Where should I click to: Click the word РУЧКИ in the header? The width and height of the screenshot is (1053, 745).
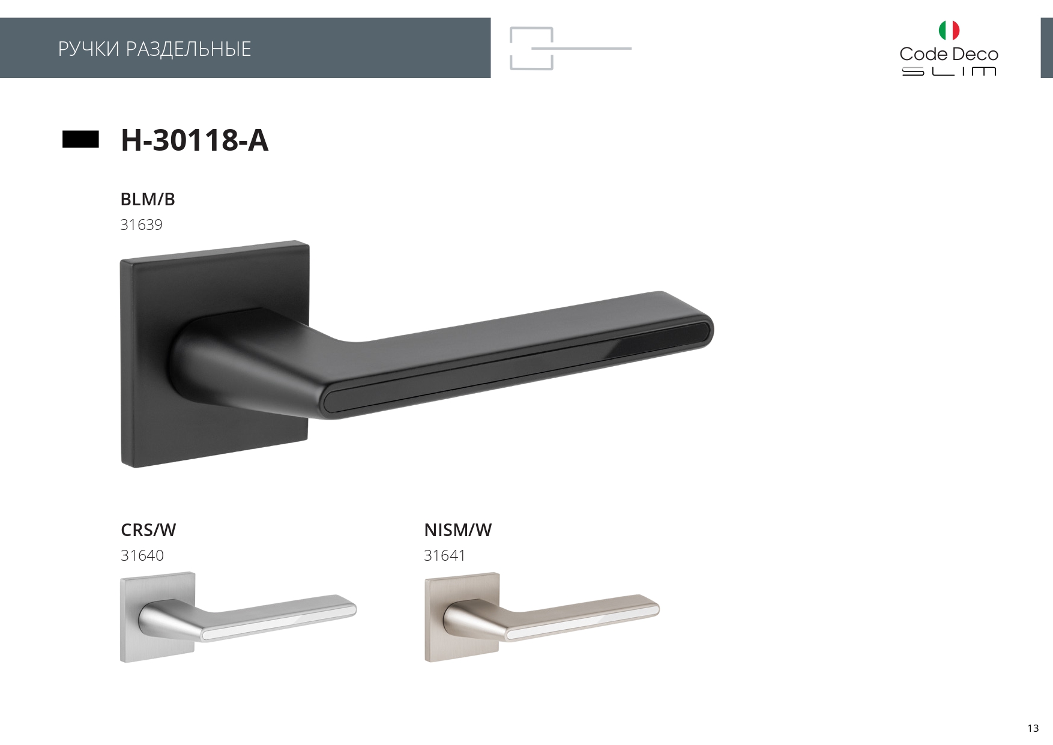point(89,49)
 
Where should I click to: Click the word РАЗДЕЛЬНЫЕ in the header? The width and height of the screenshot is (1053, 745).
point(189,49)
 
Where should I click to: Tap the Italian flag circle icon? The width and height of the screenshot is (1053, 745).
point(949,30)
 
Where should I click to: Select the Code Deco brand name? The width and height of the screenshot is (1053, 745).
point(949,54)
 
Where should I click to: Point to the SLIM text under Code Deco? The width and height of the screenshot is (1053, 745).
point(949,71)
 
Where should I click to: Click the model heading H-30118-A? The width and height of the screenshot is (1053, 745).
point(195,140)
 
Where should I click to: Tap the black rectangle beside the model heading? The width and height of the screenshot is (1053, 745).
point(80,139)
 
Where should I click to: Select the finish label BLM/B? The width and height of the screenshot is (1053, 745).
point(148,199)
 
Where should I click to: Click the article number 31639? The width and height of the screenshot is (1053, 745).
point(141,225)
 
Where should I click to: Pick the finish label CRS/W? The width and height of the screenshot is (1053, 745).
point(148,530)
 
